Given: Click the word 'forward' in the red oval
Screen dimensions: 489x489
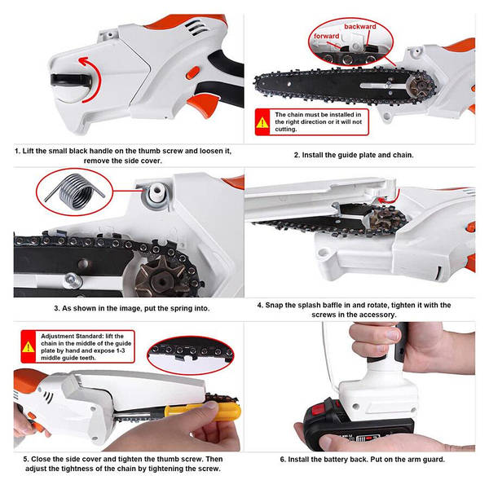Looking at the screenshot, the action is point(326,36).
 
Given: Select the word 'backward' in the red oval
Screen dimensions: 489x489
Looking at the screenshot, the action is point(360,27).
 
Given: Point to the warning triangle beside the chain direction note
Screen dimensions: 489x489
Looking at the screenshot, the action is point(262,122).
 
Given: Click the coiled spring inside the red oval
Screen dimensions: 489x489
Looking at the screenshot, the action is point(75,192).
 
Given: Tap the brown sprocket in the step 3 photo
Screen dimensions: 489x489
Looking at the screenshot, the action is point(160,279).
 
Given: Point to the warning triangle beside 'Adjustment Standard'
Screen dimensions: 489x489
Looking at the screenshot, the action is point(29,347).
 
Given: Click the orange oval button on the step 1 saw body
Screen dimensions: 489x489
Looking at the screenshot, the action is point(192,73).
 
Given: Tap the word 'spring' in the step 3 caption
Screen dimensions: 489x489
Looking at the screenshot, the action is point(178,308).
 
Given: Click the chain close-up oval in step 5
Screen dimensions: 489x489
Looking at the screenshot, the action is point(191,355).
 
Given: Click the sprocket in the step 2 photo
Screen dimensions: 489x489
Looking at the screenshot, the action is point(419,86).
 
